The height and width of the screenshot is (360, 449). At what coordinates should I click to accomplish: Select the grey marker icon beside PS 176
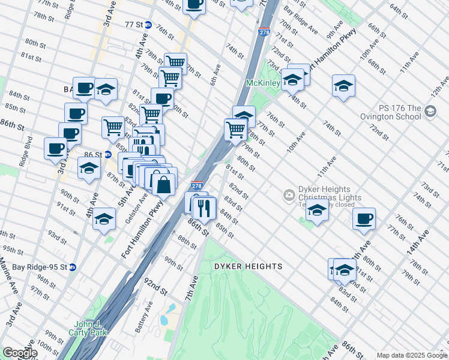point(430,111)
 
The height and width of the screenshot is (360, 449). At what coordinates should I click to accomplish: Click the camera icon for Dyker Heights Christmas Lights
point(289,194)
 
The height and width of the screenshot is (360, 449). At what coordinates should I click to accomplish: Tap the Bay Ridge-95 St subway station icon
point(73,267)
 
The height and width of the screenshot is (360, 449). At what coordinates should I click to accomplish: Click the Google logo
point(19,353)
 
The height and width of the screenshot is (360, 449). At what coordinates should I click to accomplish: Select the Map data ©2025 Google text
point(411,355)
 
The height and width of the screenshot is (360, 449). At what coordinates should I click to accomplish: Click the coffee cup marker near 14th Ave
point(363,219)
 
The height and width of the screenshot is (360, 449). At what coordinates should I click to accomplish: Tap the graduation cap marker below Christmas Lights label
point(317,211)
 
